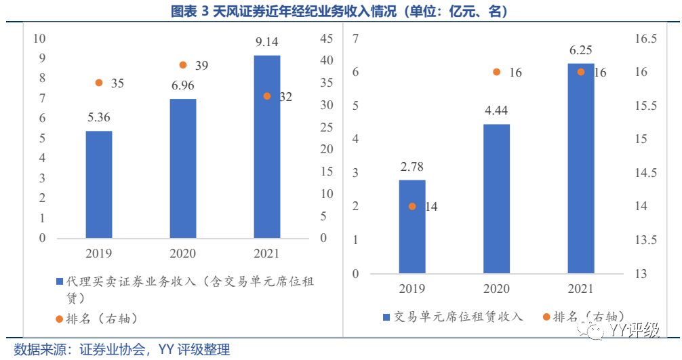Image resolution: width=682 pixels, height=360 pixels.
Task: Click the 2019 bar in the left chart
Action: click(x=99, y=184)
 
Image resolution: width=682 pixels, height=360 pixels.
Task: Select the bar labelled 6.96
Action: click(x=182, y=169)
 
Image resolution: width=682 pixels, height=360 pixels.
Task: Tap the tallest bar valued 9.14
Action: click(x=266, y=146)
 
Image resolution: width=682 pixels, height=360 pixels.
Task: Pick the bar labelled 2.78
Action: click(x=412, y=226)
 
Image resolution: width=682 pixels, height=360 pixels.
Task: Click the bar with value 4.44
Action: click(x=496, y=199)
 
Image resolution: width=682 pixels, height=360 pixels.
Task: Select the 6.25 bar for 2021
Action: click(x=580, y=168)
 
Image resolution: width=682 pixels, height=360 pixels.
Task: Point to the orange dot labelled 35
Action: click(x=99, y=83)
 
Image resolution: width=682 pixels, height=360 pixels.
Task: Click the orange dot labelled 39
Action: click(x=182, y=65)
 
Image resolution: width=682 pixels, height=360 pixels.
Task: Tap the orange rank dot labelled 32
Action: click(x=266, y=96)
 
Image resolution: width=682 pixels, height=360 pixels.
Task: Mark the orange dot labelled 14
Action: click(x=412, y=206)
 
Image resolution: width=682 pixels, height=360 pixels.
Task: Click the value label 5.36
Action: click(x=99, y=117)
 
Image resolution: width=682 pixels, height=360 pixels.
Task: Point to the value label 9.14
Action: click(x=266, y=42)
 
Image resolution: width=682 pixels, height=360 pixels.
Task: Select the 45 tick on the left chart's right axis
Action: click(x=326, y=39)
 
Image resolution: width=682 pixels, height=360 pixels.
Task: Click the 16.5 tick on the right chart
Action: click(x=645, y=39)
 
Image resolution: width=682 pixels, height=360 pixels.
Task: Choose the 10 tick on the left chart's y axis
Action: click(x=40, y=38)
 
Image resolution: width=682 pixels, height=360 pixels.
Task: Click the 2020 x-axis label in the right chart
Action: click(x=496, y=289)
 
